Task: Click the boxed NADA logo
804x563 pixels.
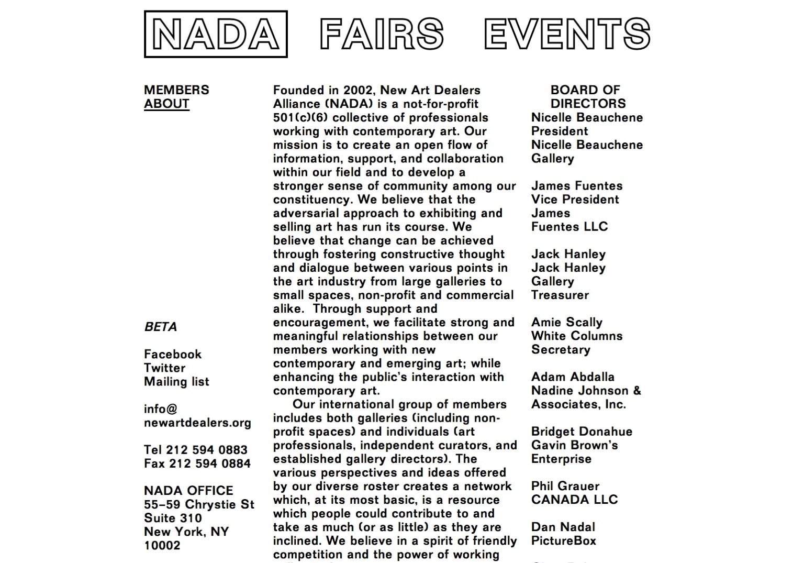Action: (216, 34)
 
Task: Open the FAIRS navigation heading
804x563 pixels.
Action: (382, 34)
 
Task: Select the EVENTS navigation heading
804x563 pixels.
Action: (567, 34)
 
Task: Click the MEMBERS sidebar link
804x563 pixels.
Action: (176, 90)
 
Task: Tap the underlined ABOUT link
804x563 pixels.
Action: (166, 104)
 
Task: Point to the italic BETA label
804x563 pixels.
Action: (161, 327)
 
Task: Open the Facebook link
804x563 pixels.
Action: (173, 354)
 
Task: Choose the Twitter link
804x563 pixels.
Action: (164, 368)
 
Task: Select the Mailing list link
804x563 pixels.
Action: (176, 381)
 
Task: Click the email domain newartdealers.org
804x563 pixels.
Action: (197, 423)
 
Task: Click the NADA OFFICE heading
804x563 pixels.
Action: (188, 491)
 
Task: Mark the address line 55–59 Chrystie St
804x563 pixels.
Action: (199, 504)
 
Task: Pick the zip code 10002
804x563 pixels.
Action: (162, 545)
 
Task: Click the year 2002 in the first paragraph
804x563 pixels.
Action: (358, 90)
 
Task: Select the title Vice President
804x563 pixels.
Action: (575, 200)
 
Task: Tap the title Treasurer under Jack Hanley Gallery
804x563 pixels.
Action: (560, 295)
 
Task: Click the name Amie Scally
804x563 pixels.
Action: (567, 322)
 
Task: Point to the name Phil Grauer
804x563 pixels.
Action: (565, 486)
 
